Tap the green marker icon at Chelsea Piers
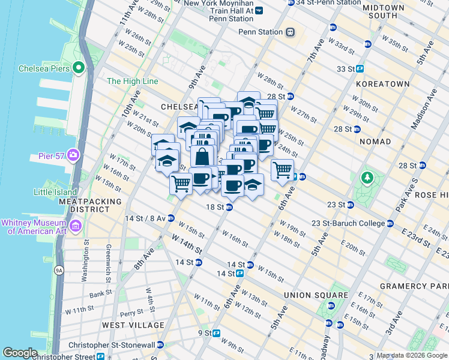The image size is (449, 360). [x=78, y=68]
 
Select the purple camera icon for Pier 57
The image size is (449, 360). [x=73, y=155]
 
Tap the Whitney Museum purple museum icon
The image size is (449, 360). [x=76, y=226]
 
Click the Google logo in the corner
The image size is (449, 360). [x=20, y=353]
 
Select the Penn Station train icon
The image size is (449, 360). [x=291, y=32]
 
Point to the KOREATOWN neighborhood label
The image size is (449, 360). [x=382, y=85]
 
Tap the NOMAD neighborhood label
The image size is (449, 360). [x=375, y=142]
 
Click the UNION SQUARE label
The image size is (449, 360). [x=316, y=295]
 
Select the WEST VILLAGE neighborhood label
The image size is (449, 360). [x=133, y=325]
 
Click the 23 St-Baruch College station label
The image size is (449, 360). [x=348, y=223]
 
